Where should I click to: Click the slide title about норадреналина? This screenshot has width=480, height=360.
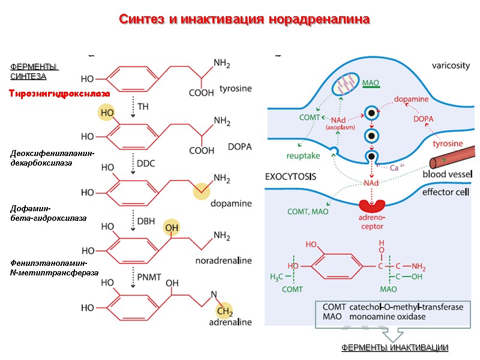[244, 19]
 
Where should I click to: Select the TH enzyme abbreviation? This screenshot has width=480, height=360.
[143, 106]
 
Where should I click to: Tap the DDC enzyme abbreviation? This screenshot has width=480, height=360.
[146, 164]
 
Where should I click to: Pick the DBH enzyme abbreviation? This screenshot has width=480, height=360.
[146, 221]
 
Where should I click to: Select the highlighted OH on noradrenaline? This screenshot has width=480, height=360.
[172, 227]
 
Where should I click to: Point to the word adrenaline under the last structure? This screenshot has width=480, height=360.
[230, 322]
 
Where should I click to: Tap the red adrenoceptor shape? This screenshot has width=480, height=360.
[373, 206]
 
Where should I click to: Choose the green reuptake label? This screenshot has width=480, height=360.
[303, 155]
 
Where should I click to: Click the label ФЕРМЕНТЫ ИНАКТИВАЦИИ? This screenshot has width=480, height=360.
[394, 348]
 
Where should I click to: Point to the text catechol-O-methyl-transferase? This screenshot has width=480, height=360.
[406, 307]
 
